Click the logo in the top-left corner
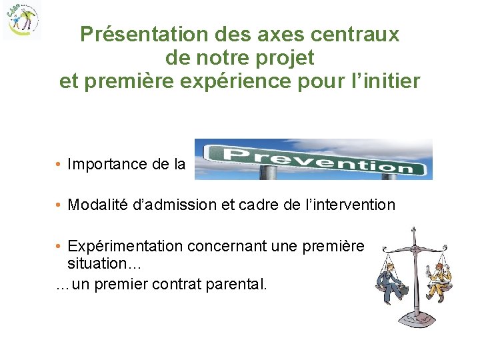point(21,20)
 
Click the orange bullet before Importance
point(59,164)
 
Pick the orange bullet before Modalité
point(59,205)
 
